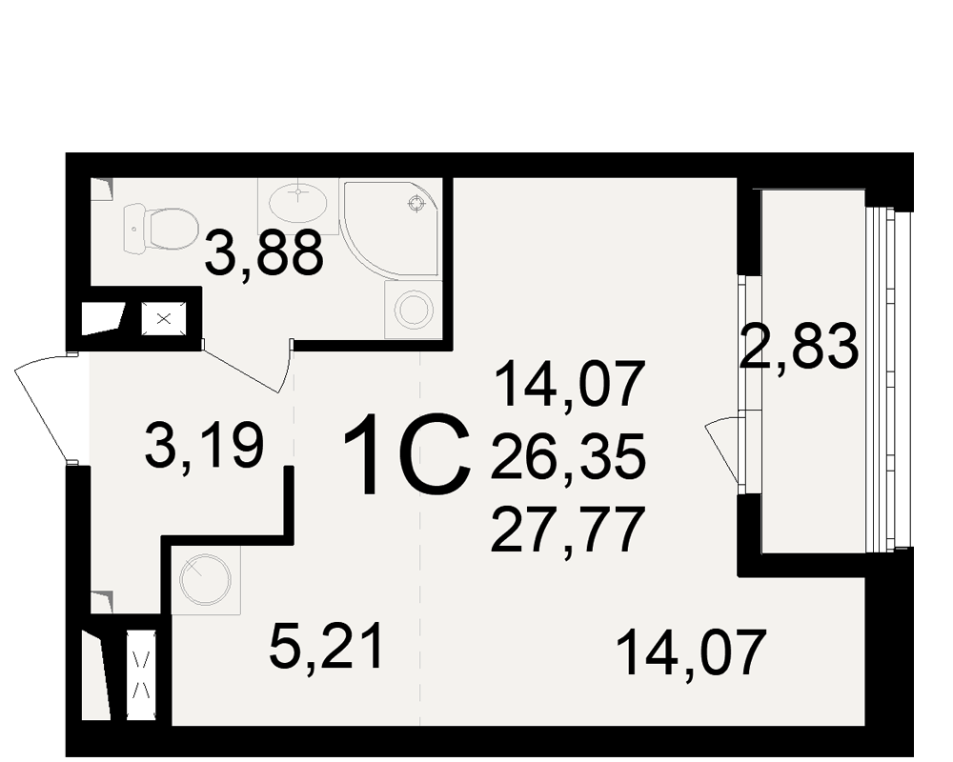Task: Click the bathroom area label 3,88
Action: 264,253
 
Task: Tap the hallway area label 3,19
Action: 205,447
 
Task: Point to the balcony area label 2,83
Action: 799,347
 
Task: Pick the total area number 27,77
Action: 567,531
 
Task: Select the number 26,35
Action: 568,456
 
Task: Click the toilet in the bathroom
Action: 161,230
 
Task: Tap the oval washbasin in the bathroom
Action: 297,203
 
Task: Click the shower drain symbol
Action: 417,204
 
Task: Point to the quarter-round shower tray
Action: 390,230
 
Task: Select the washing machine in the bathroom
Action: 414,309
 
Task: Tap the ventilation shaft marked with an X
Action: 164,318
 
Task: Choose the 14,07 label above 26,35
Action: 570,384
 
